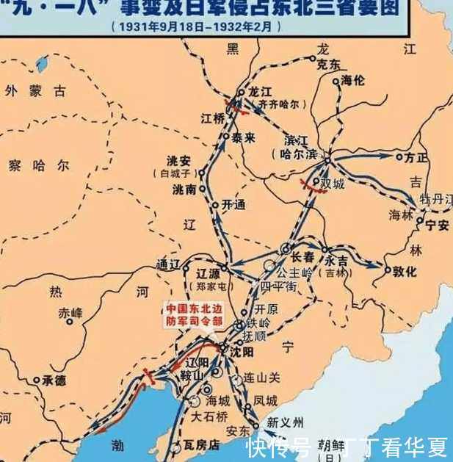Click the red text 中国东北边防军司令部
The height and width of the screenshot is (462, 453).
pyautogui.click(x=192, y=314)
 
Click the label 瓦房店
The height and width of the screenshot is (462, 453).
pyautogui.click(x=203, y=445)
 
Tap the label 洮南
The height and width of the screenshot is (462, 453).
pyautogui.click(x=184, y=189)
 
